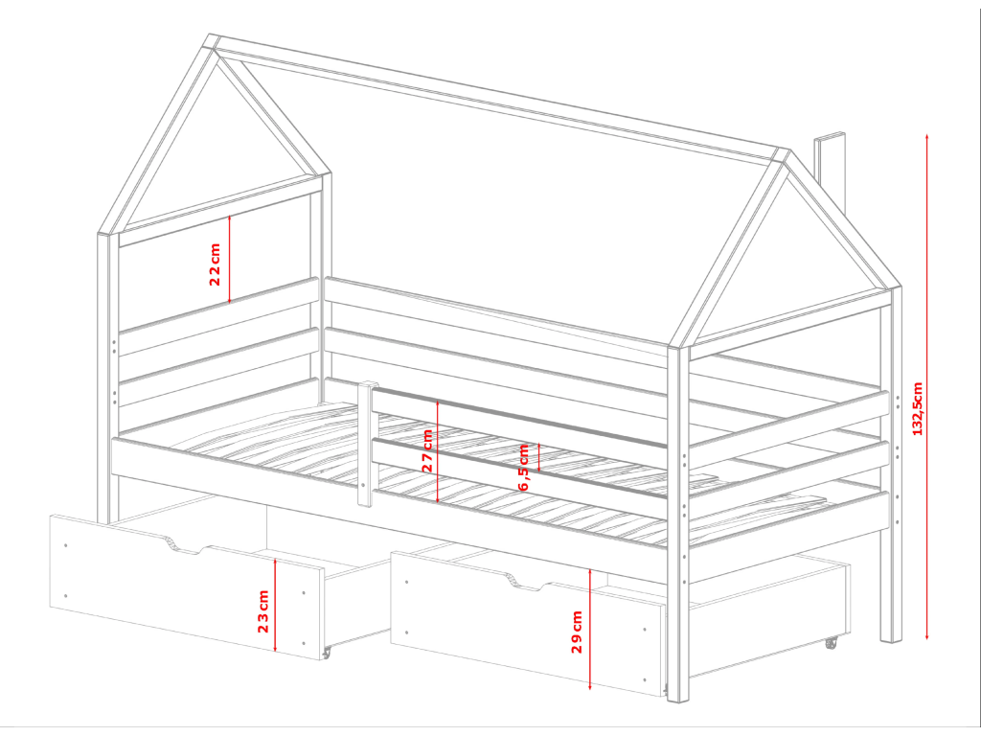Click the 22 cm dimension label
coord(215,264)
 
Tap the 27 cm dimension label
coord(428,450)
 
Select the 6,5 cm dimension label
coord(524,468)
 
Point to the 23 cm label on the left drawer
coord(262,610)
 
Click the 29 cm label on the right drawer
coord(577,632)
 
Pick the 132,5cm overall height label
coord(918,408)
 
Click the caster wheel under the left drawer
coord(326,654)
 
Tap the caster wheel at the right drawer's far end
coord(831,643)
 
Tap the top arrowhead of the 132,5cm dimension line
coord(926,136)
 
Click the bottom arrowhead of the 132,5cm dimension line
coord(926,636)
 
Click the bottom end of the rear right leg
coord(891,640)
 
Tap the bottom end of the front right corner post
coord(678,699)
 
